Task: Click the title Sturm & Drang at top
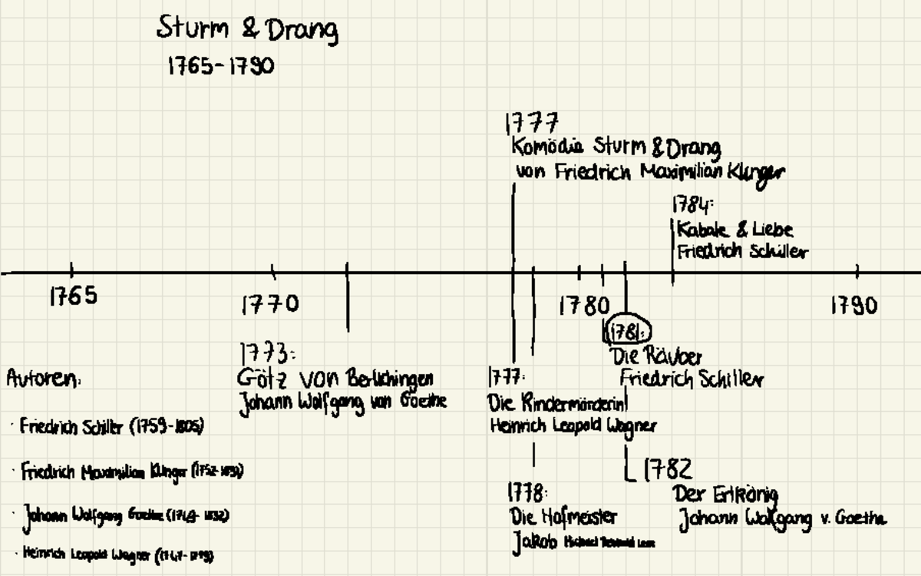click(247, 29)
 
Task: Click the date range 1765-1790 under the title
click(220, 66)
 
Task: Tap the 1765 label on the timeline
click(74, 296)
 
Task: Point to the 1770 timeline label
click(270, 305)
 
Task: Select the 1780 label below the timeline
click(584, 306)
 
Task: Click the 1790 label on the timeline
click(853, 306)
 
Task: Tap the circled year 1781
click(629, 332)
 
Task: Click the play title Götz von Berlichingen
click(335, 379)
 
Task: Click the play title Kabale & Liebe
click(734, 230)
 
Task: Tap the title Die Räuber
click(656, 356)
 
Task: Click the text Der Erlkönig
click(726, 495)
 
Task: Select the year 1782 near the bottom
click(667, 468)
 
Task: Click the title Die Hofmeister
click(563, 516)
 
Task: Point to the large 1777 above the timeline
click(532, 123)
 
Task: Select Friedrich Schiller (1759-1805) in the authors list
click(112, 427)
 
